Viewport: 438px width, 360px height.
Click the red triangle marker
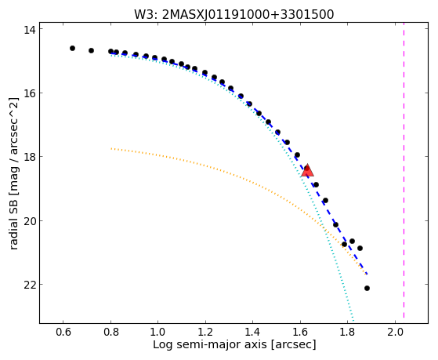(308, 171)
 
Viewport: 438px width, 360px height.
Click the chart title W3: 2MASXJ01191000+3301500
(234, 15)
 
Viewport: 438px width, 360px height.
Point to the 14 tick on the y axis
(29, 29)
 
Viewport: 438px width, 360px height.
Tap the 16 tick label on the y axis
(29, 93)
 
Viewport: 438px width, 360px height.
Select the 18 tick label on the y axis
(29, 157)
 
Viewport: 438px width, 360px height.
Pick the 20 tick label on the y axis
(29, 220)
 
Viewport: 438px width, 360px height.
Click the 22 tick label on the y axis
(29, 285)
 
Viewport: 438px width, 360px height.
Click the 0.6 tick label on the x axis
(63, 333)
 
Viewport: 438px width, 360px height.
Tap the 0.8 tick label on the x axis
(111, 333)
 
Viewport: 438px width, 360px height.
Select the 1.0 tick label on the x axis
(158, 333)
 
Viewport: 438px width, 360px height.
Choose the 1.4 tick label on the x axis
(253, 333)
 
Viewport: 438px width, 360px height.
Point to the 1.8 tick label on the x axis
(347, 333)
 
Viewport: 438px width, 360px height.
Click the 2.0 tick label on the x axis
(395, 333)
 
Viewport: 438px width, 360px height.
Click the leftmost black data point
(72, 48)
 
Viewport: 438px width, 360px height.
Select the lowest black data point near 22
(367, 288)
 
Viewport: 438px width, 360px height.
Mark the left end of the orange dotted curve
(111, 148)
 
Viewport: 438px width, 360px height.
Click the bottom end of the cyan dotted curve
(353, 321)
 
